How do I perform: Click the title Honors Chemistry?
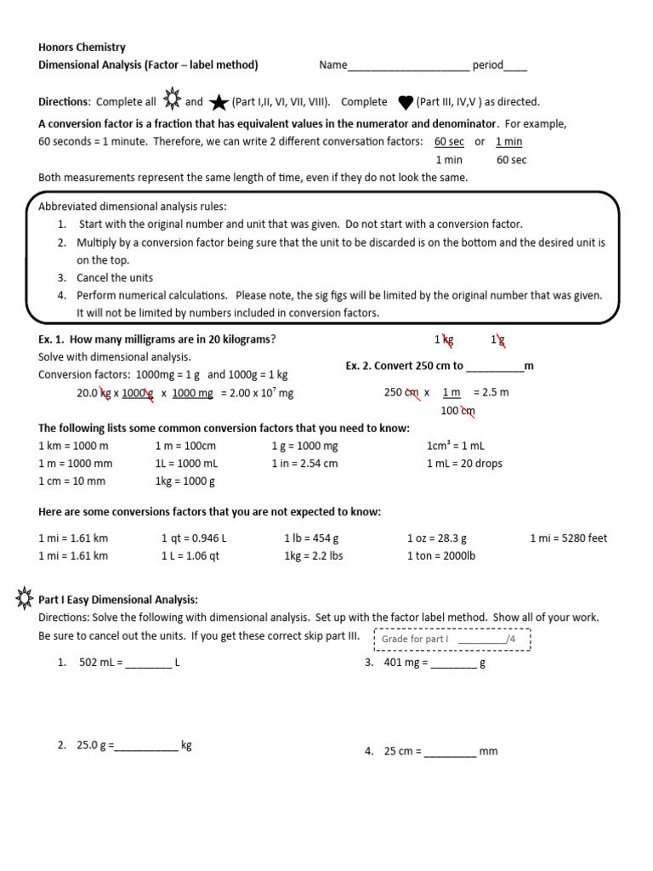pyautogui.click(x=82, y=48)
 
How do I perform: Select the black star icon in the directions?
pyautogui.click(x=219, y=103)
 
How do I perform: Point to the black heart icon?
pyautogui.click(x=406, y=103)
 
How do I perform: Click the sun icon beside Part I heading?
pyautogui.click(x=24, y=599)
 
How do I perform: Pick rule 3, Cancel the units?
pyautogui.click(x=103, y=278)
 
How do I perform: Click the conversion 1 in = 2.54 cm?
pyautogui.click(x=304, y=464)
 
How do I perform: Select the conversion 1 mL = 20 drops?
pyautogui.click(x=464, y=464)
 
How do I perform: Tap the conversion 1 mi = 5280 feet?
pyautogui.click(x=568, y=538)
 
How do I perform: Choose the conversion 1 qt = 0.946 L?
pyautogui.click(x=194, y=538)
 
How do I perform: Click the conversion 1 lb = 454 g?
pyautogui.click(x=311, y=538)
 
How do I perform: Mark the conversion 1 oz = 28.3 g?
pyautogui.click(x=437, y=538)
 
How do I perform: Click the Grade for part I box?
pyautogui.click(x=451, y=640)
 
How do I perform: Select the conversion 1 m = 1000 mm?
pyautogui.click(x=76, y=464)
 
